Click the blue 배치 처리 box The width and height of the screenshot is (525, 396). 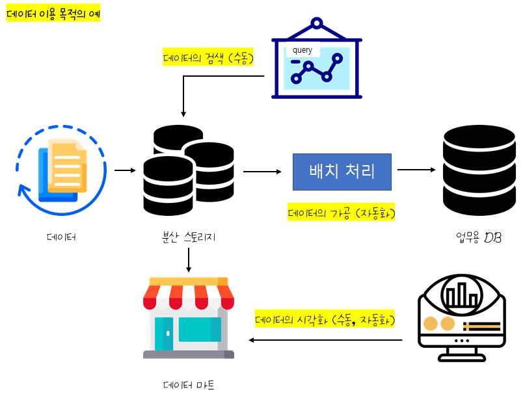(342, 172)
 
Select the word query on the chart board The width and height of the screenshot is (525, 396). (303, 50)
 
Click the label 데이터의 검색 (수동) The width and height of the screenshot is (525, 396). (208, 57)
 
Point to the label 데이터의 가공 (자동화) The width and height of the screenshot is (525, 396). (342, 213)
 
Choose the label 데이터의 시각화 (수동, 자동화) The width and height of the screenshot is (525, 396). (325, 319)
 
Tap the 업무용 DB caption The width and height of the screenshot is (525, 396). (478, 238)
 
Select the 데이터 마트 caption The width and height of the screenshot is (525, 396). (189, 385)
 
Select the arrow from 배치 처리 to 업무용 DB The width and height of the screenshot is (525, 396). (416, 170)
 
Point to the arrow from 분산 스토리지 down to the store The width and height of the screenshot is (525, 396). (189, 260)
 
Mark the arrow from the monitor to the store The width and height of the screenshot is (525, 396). (325, 340)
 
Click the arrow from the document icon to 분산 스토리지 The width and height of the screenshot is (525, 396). (124, 171)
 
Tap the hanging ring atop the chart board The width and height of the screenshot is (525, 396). (316, 24)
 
